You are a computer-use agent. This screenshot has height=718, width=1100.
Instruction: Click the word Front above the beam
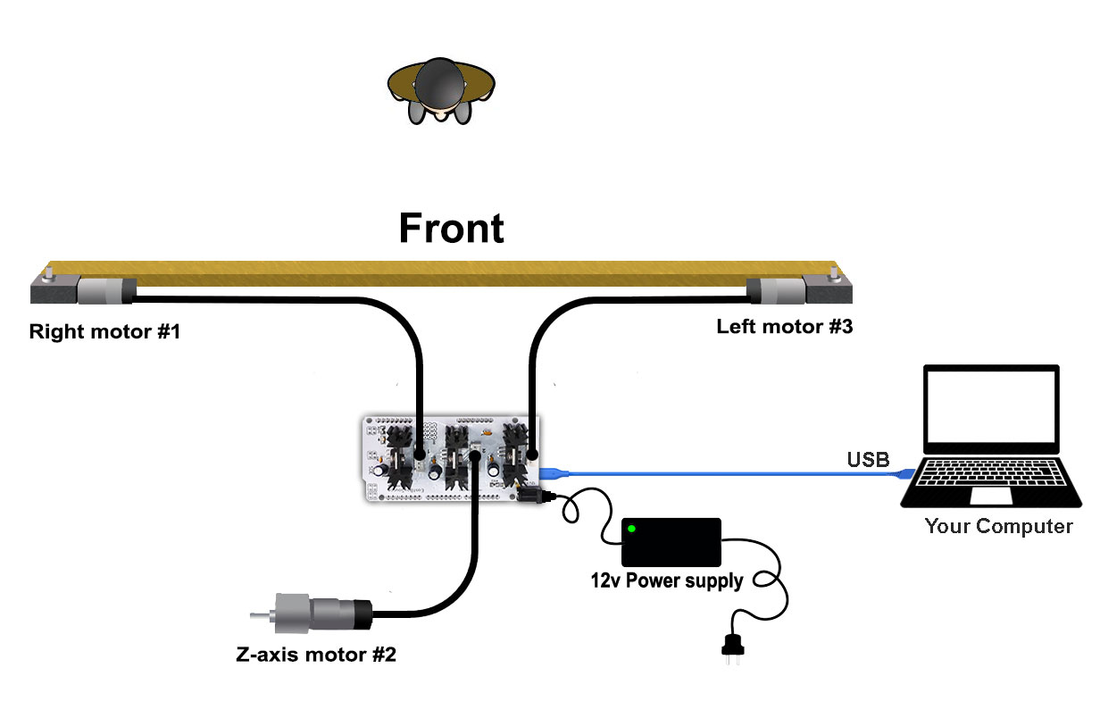pos(451,228)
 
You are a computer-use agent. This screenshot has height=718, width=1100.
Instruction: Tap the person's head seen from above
pos(441,85)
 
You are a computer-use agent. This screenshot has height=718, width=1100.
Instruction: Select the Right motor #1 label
pos(104,333)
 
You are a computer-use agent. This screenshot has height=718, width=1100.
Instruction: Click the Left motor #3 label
pos(784,327)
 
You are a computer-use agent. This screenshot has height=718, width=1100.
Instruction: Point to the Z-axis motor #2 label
pos(315,655)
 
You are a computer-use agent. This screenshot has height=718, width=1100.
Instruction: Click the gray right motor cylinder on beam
pos(105,290)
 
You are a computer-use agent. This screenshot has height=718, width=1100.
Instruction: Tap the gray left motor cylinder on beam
pos(776,290)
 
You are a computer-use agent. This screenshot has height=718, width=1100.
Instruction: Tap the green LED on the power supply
pos(632,530)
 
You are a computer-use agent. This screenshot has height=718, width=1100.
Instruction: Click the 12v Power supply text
pos(666,581)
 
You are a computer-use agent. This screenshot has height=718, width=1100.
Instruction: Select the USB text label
pos(867,461)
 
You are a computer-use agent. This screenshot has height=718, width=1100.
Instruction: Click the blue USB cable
pos(714,472)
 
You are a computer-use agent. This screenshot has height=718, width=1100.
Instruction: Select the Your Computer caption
pos(998,526)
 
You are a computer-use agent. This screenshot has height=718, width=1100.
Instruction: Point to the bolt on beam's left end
pos(51,269)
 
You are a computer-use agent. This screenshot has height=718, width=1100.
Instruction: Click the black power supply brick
pos(671,541)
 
